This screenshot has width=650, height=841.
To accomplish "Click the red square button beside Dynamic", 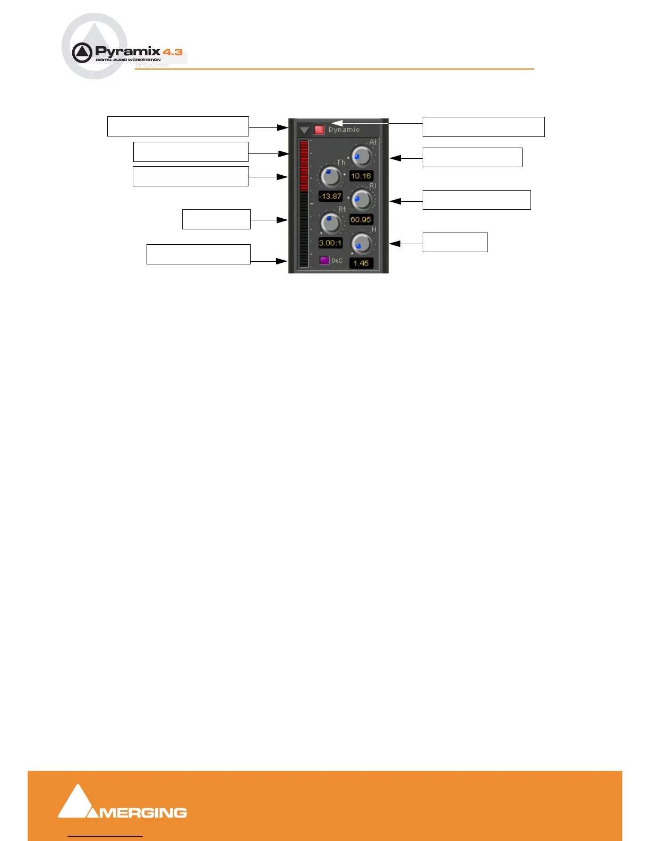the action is (319, 130).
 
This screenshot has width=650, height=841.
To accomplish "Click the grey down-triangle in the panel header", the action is (304, 130).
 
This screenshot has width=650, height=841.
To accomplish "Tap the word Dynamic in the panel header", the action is (344, 130).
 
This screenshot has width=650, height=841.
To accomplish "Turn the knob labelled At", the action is (362, 157).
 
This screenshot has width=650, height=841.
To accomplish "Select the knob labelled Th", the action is (331, 176).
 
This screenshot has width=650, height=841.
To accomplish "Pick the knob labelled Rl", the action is (362, 200).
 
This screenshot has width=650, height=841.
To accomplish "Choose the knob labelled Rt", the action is (331, 223).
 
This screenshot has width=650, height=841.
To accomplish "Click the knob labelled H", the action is (362, 244).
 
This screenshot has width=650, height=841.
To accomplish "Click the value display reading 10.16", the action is (361, 176).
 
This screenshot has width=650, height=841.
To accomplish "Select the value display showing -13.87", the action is (330, 196).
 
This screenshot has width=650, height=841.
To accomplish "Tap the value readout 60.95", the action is (361, 219).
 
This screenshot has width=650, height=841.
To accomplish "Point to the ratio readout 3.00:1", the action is (330, 243).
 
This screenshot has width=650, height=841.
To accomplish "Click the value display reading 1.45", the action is (361, 263).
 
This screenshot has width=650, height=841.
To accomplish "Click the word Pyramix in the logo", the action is (127, 52).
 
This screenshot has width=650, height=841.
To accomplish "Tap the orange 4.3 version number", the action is (173, 52).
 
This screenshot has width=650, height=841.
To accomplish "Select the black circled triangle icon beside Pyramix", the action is (82, 53).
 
